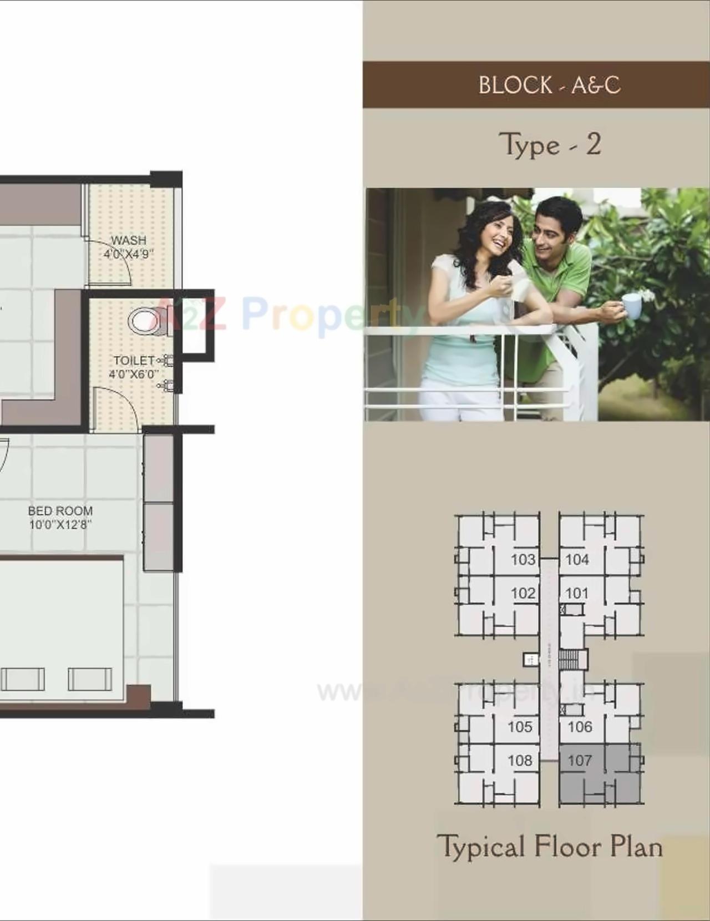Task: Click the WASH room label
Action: click(x=129, y=240)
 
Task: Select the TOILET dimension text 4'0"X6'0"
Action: click(x=134, y=375)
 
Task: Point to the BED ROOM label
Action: click(x=60, y=511)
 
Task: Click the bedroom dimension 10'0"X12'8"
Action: click(x=60, y=524)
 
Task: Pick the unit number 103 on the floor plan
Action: click(x=523, y=559)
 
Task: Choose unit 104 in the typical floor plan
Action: click(x=577, y=559)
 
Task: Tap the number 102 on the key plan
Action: click(x=523, y=593)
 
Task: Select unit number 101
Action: click(x=577, y=593)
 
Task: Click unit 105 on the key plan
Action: click(x=520, y=726)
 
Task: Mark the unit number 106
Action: click(x=580, y=726)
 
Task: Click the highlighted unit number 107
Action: click(x=580, y=760)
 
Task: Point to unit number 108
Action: click(x=520, y=760)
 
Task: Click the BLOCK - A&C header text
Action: click(x=549, y=85)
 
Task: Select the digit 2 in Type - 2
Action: click(x=594, y=144)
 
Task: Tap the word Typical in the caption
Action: click(x=480, y=847)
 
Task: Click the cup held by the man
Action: click(x=632, y=306)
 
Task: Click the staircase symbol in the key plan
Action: click(x=568, y=660)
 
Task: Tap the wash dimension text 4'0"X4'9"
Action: click(x=129, y=254)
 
